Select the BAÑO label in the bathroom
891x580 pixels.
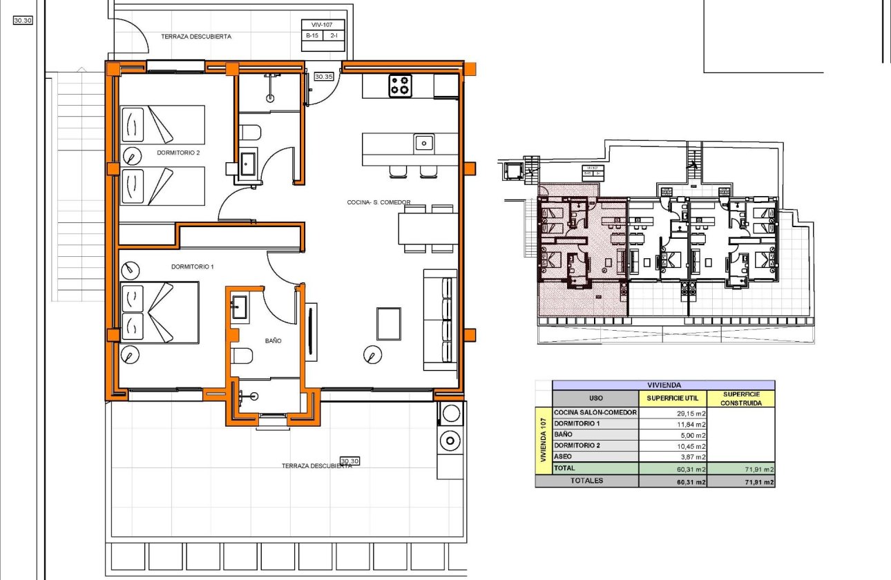tap(274, 340)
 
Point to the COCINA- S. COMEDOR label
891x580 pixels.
tap(379, 202)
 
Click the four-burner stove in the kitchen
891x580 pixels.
tap(400, 86)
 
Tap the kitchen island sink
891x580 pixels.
tap(424, 144)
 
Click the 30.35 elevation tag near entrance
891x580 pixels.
tap(324, 77)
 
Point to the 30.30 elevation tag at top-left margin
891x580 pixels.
tap(23, 21)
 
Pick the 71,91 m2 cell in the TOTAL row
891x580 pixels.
tap(740, 469)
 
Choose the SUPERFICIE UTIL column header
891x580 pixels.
tap(672, 398)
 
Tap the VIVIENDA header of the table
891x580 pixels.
tap(664, 385)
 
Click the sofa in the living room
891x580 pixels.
tap(441, 320)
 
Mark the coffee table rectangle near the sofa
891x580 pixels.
tap(388, 324)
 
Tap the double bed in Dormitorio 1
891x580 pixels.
tap(159, 311)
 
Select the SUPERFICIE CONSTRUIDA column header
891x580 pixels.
tap(740, 398)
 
